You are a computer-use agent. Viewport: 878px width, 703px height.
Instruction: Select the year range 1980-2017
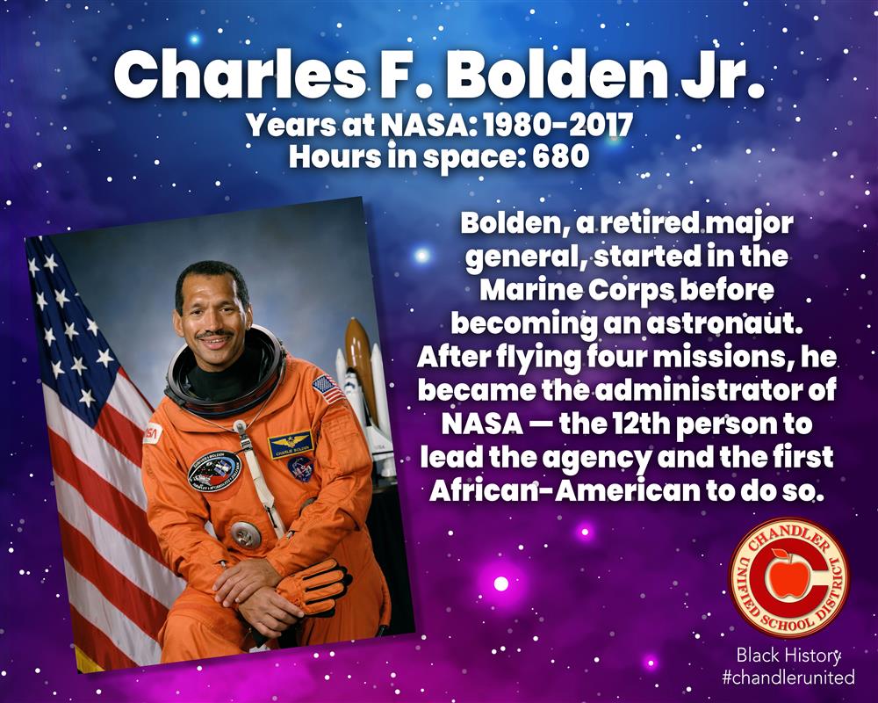558,125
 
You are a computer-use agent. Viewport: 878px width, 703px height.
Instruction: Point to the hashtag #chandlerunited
788,678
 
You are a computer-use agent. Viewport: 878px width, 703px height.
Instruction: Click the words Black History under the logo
788,655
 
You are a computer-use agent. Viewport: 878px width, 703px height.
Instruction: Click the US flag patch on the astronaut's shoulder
327,389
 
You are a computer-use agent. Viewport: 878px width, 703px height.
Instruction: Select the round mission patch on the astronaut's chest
214,470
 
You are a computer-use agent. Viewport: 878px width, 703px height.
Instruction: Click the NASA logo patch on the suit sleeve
152,433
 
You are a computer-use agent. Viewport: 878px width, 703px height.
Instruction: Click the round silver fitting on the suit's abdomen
246,534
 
